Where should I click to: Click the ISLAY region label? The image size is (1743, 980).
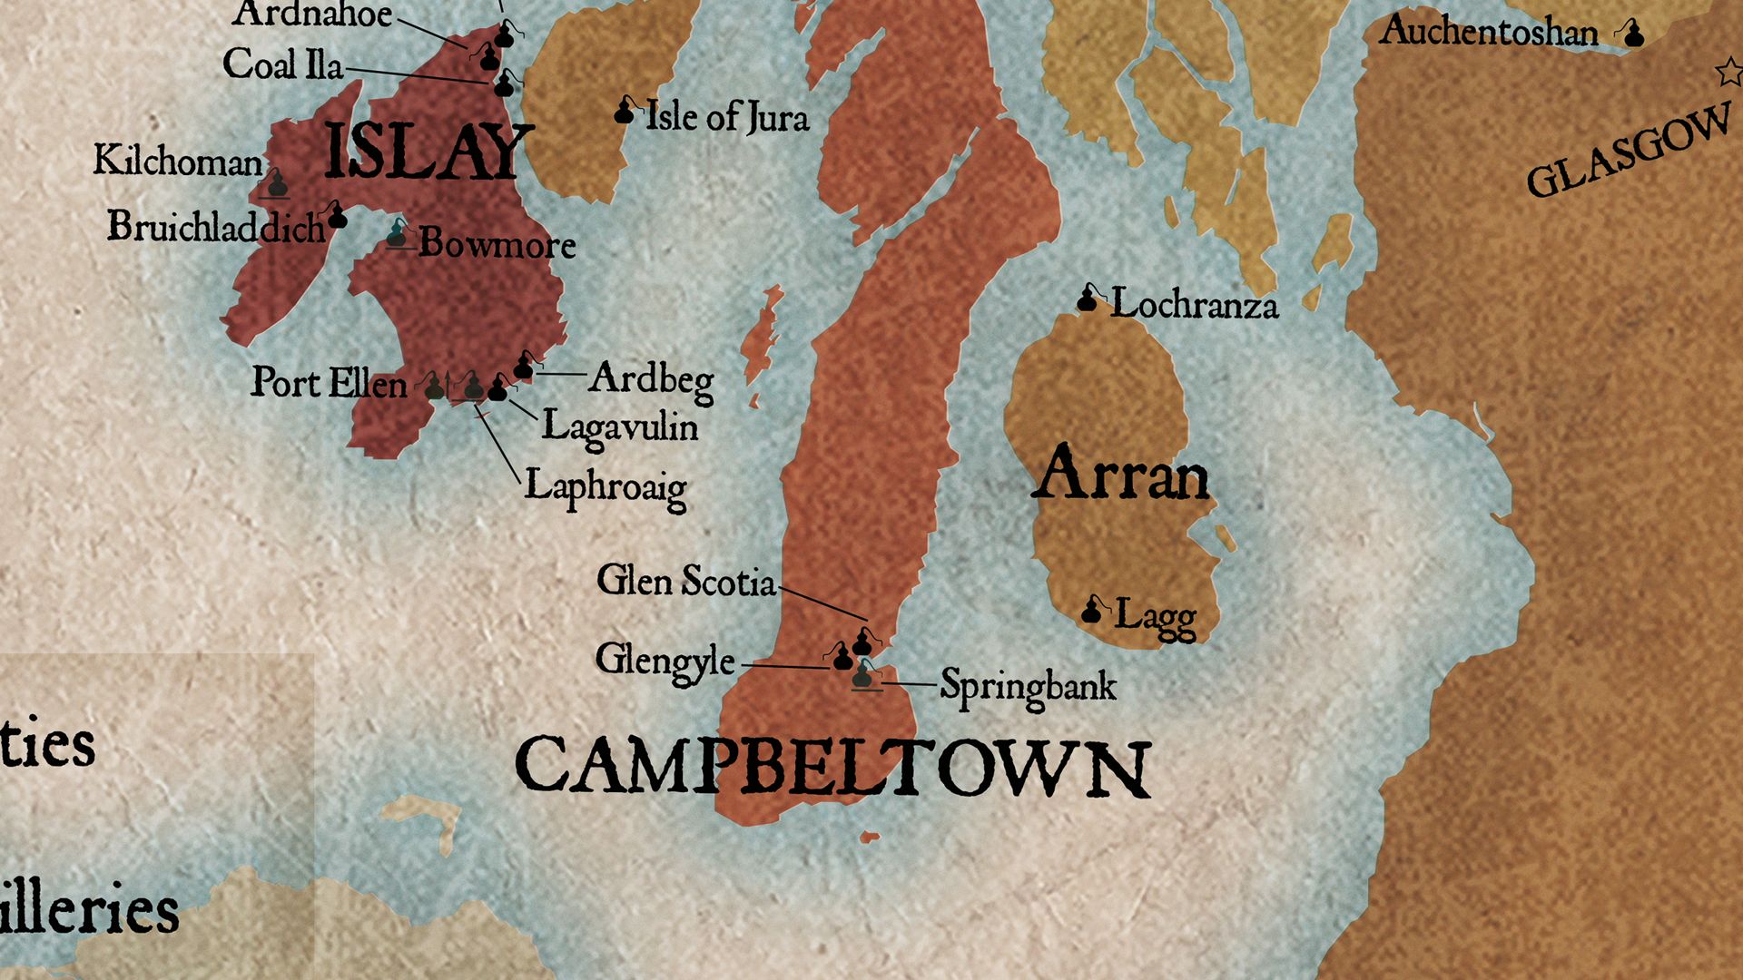[425, 152]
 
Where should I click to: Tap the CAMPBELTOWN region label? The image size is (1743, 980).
[832, 768]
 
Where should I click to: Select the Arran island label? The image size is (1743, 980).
[1120, 474]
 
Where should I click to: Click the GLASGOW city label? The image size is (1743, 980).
[1629, 152]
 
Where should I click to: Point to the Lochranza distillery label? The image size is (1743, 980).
[1194, 305]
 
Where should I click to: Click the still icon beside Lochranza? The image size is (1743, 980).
[1088, 299]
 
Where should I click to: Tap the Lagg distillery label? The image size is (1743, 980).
[1155, 617]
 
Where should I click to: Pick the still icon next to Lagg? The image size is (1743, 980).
[1092, 611]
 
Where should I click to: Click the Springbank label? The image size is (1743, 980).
[1028, 686]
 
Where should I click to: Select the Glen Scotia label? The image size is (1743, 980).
[686, 582]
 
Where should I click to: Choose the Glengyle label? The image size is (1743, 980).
[665, 661]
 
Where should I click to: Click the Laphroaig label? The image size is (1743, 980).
[606, 487]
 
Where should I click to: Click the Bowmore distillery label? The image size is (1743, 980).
[497, 244]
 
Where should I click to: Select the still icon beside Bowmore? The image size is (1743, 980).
[398, 235]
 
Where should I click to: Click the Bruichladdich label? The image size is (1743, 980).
[216, 227]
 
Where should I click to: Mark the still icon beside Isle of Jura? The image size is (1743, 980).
[625, 112]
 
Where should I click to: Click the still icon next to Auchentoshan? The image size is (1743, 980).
[1633, 34]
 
